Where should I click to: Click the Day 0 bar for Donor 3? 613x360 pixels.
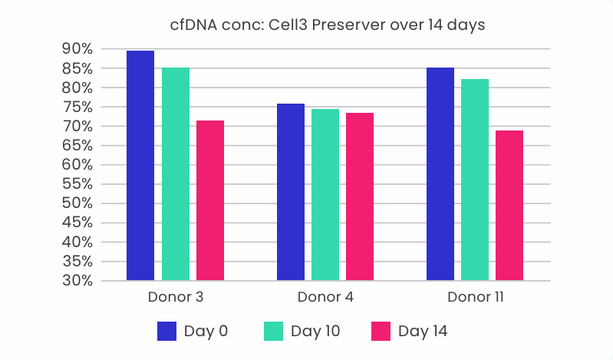coord(140,166)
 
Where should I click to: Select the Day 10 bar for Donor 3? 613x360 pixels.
coord(176,174)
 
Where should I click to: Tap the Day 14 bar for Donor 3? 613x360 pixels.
coord(210,200)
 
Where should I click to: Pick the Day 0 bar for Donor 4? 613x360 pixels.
coord(291,192)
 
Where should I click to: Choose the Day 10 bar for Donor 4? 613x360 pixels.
coord(325,195)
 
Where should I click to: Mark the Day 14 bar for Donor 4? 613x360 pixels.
coord(360,197)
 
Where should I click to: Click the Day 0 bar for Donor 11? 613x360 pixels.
coord(440,174)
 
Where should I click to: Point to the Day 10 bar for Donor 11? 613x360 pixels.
coord(475,180)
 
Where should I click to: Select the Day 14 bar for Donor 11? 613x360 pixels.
coord(509,206)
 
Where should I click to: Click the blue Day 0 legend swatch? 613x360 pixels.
coord(167,331)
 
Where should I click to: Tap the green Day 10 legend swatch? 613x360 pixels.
coord(274,331)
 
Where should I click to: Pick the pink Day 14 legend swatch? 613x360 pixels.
coord(381,331)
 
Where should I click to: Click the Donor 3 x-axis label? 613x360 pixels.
coord(175,296)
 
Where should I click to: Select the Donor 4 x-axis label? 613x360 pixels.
coord(325,296)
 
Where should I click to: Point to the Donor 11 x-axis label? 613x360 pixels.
coord(475,296)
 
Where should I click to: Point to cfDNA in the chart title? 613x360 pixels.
coord(194,25)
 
